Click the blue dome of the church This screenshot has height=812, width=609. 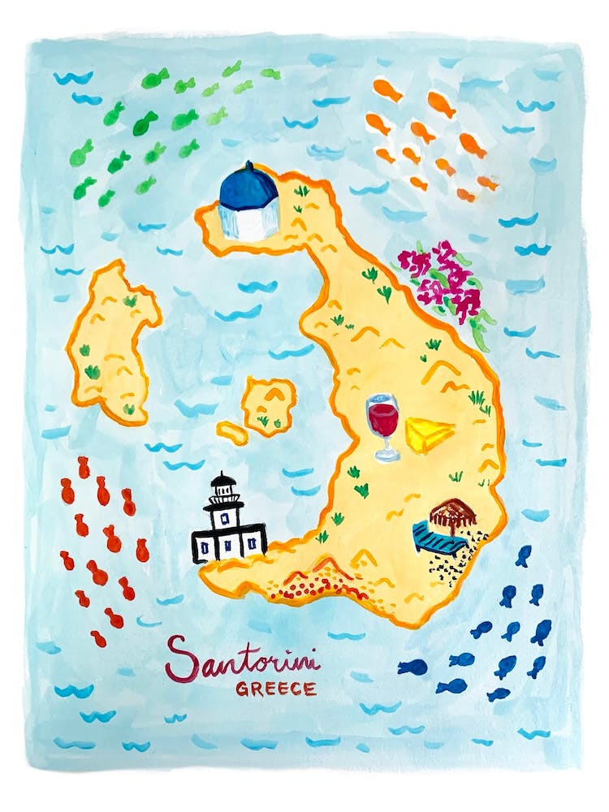(x=248, y=185)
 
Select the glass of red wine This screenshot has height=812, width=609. (x=382, y=418)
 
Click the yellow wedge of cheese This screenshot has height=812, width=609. (x=427, y=434)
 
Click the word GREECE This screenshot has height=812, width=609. (x=275, y=689)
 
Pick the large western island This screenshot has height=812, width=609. (x=114, y=341)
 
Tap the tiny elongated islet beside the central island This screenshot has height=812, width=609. (x=232, y=432)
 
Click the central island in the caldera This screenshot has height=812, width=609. (x=269, y=404)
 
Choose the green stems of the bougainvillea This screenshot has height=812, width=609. (x=479, y=325)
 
